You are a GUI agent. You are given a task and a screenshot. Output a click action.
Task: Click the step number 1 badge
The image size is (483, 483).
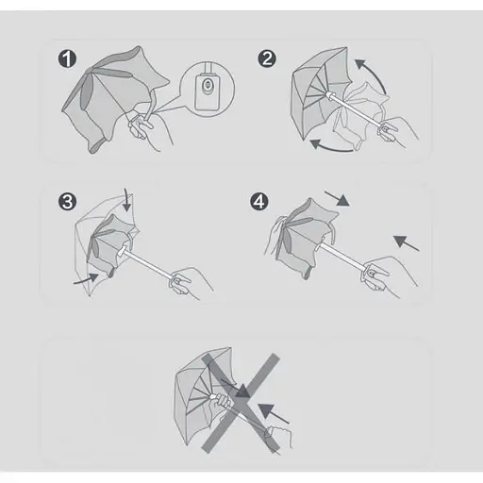click(67, 58)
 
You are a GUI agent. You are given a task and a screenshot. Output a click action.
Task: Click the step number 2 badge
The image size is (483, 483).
click(267, 58)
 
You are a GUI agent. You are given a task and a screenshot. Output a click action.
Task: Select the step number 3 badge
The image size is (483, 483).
click(67, 202)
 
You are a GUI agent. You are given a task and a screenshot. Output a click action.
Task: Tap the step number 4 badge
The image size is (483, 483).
click(259, 202)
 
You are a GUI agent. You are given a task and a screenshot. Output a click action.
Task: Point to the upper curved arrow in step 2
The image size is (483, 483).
click(375, 72)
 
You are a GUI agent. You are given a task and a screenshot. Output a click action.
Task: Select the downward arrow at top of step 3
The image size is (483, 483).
click(126, 200)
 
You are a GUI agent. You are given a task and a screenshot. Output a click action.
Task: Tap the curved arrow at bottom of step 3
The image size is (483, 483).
click(88, 279)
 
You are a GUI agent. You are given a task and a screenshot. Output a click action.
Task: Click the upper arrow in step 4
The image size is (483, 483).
click(337, 198)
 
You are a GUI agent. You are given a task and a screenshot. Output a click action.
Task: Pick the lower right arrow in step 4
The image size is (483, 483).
click(406, 243)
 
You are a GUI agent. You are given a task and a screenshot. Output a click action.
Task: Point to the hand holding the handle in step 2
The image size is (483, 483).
click(398, 131)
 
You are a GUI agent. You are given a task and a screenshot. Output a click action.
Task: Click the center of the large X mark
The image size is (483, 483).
click(241, 403)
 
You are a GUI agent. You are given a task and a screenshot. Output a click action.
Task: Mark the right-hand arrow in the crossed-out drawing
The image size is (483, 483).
click(273, 413)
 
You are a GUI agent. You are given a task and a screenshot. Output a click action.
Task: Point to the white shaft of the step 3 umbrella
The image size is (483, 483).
click(147, 263)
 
